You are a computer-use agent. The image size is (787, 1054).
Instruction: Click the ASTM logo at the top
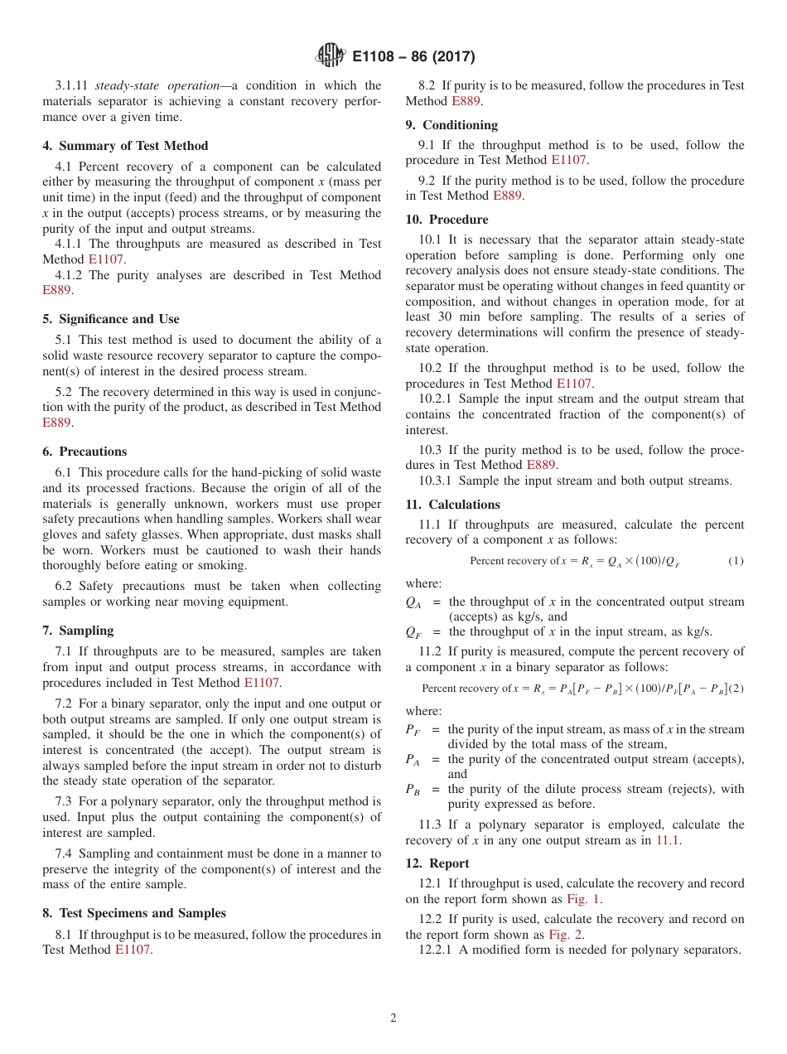tap(329, 56)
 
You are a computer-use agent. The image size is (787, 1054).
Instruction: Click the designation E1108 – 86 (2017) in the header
tap(413, 57)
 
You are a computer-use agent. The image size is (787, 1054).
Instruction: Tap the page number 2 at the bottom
tap(393, 1018)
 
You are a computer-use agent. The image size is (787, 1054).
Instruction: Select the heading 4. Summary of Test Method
tap(125, 146)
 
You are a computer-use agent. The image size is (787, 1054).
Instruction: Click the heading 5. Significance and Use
tap(110, 319)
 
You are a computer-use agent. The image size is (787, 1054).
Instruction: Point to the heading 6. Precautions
tap(84, 452)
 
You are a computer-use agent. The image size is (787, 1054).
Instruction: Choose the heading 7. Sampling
tap(78, 631)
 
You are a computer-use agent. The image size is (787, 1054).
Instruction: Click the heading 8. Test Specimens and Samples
tap(133, 913)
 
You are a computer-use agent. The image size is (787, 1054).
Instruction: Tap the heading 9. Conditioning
tap(451, 125)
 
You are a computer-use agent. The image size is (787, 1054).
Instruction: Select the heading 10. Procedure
tap(447, 220)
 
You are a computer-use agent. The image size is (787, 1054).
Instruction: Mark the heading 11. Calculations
tap(452, 505)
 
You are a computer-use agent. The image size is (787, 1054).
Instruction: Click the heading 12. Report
tap(437, 863)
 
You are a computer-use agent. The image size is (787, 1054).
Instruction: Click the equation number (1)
tap(736, 561)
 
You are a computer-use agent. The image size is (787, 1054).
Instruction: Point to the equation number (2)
tap(737, 689)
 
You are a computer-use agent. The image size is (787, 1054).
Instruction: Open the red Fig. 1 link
tap(584, 899)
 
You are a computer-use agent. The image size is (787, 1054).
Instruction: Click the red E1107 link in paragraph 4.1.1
tap(106, 259)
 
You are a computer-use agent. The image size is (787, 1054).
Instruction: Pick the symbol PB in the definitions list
tap(413, 790)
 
